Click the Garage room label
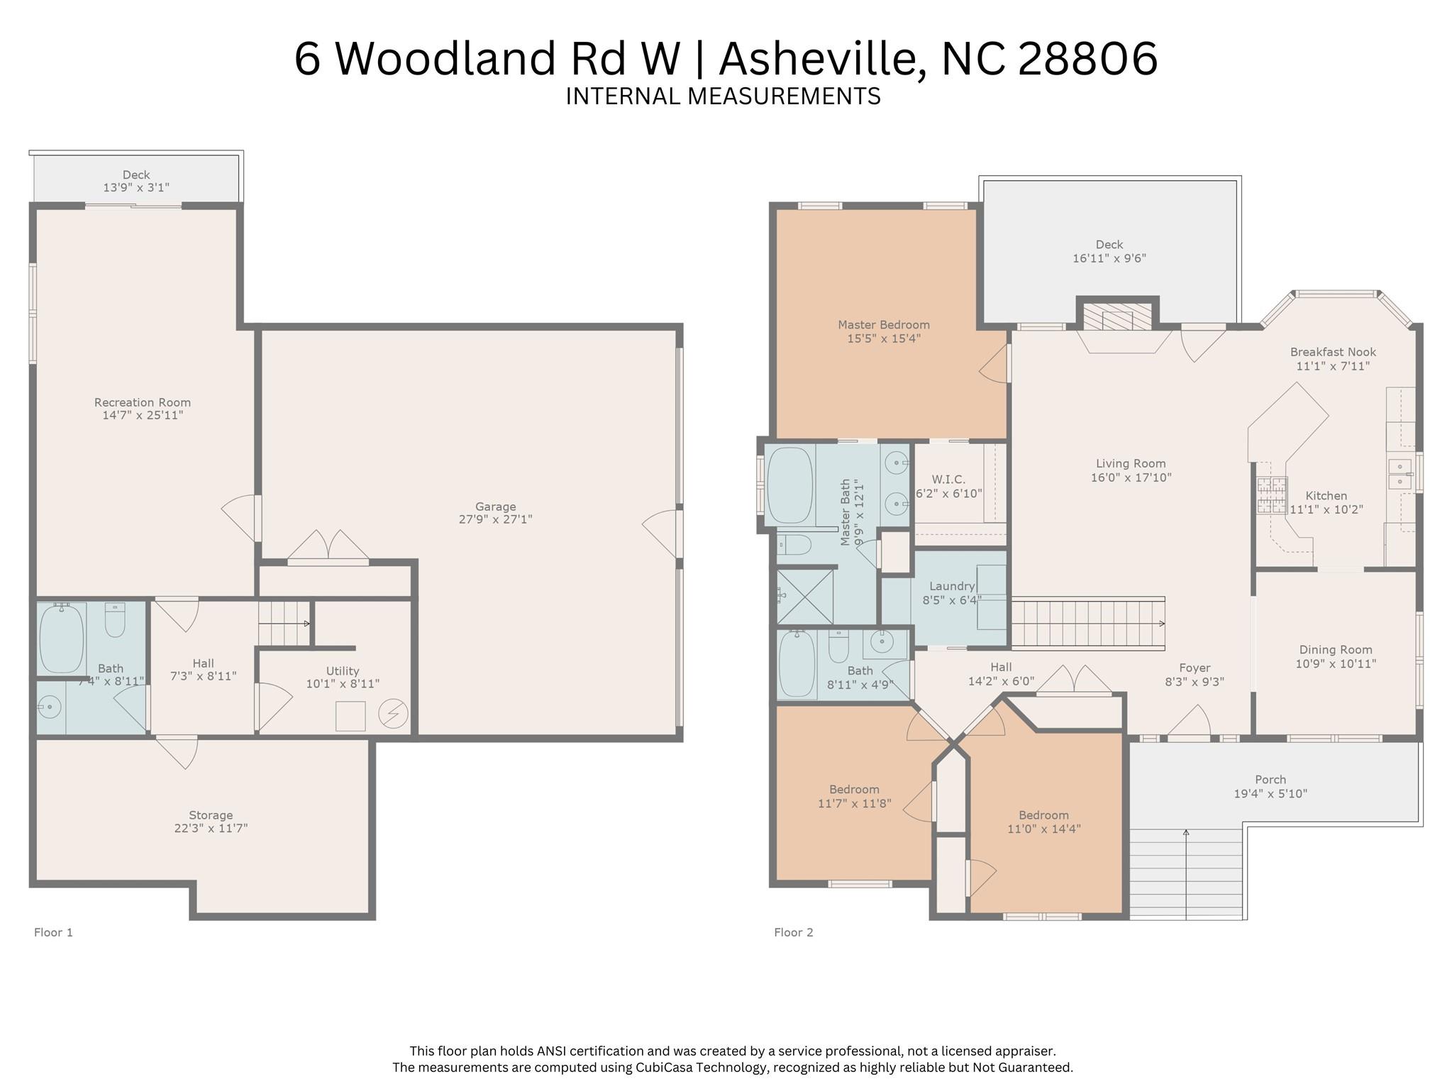(x=495, y=507)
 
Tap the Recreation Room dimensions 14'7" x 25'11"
(x=143, y=415)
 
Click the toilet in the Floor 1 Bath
(x=115, y=619)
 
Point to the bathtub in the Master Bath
(x=789, y=485)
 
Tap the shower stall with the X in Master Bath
(x=805, y=597)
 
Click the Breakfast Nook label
(x=1333, y=352)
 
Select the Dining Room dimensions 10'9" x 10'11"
(x=1336, y=663)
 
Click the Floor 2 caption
(x=793, y=932)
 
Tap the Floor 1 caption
(x=53, y=932)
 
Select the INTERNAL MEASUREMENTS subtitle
(x=723, y=96)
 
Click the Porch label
(x=1270, y=780)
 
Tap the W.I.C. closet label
(x=948, y=480)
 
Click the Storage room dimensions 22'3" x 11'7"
(x=211, y=828)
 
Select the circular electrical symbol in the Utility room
(x=393, y=714)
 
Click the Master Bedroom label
(x=883, y=325)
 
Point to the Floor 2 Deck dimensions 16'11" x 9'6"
(x=1109, y=258)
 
